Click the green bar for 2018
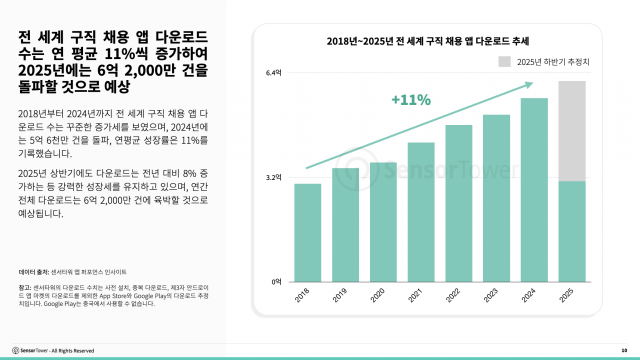coord(308,232)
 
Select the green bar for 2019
coord(345,224)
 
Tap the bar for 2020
coord(383,221)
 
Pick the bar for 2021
coord(421,211)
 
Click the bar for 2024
coord(534,189)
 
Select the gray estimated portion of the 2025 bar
coord(571,131)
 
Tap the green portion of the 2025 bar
coord(571,231)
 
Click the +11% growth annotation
coord(410,100)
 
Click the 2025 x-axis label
coord(571,296)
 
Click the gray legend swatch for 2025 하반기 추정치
coord(506,61)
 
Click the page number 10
coord(623,350)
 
